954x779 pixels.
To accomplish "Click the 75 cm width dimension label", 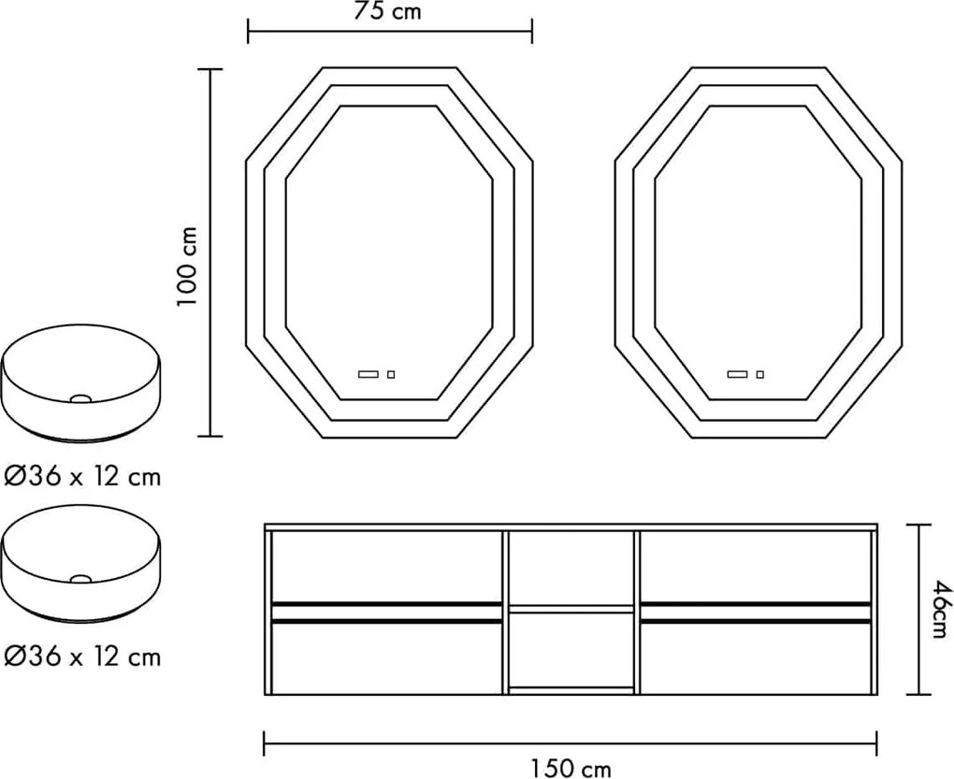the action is (387, 10).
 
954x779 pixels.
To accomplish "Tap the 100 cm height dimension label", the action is (187, 267).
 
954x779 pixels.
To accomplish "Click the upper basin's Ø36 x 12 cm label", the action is (82, 476).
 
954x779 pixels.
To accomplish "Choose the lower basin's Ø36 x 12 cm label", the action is (82, 656).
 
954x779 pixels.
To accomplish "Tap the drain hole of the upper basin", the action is (80, 399).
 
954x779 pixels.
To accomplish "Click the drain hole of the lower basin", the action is (80, 579).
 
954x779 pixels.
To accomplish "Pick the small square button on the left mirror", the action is (391, 375).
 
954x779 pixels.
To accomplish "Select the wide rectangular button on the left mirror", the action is (369, 375).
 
